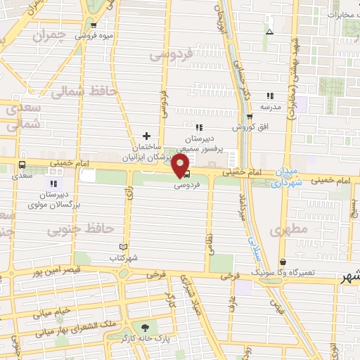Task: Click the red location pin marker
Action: (181, 166)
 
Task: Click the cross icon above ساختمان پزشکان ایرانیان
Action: (146, 136)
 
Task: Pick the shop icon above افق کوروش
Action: (249, 117)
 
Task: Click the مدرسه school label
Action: (271, 106)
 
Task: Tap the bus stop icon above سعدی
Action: (22, 166)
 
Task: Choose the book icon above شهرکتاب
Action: (124, 246)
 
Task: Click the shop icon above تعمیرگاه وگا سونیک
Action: (283, 261)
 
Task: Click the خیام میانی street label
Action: (53, 310)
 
